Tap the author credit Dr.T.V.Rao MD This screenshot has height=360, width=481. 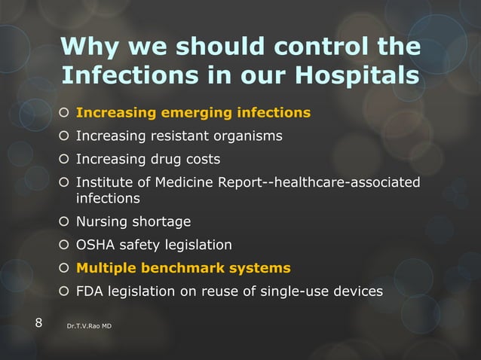[x=90, y=325]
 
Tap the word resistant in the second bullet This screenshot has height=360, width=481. [x=179, y=136]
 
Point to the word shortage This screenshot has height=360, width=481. [x=161, y=222]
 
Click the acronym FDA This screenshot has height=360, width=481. [x=90, y=291]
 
